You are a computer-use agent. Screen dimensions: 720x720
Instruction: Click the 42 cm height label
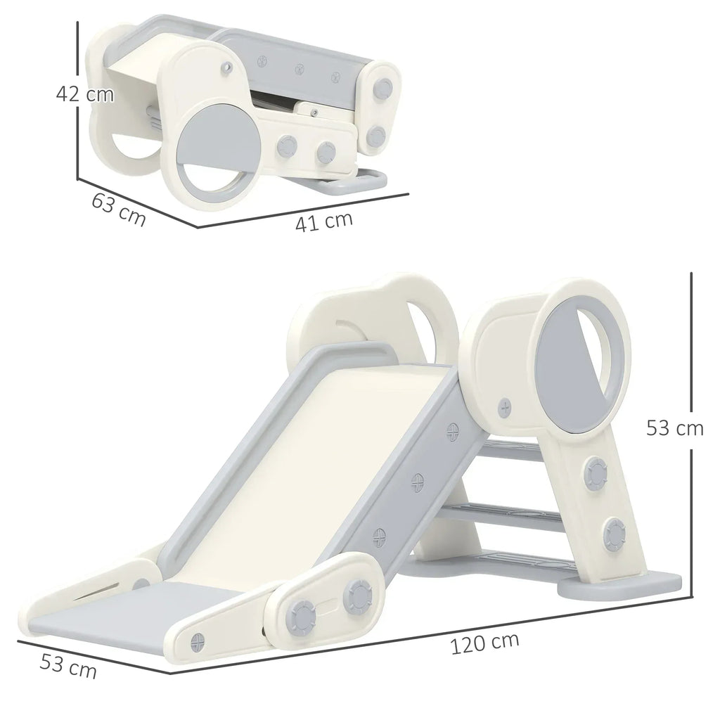click(x=85, y=94)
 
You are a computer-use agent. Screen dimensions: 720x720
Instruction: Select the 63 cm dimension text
click(x=119, y=209)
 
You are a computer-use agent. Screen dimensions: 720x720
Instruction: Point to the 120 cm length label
click(x=485, y=643)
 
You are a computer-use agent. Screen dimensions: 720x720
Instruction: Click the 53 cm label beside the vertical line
click(x=674, y=428)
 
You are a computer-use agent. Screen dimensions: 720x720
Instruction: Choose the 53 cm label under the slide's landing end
click(x=68, y=666)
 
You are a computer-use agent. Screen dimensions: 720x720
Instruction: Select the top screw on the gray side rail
click(x=453, y=432)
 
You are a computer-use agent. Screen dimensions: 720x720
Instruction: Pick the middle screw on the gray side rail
click(x=418, y=482)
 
